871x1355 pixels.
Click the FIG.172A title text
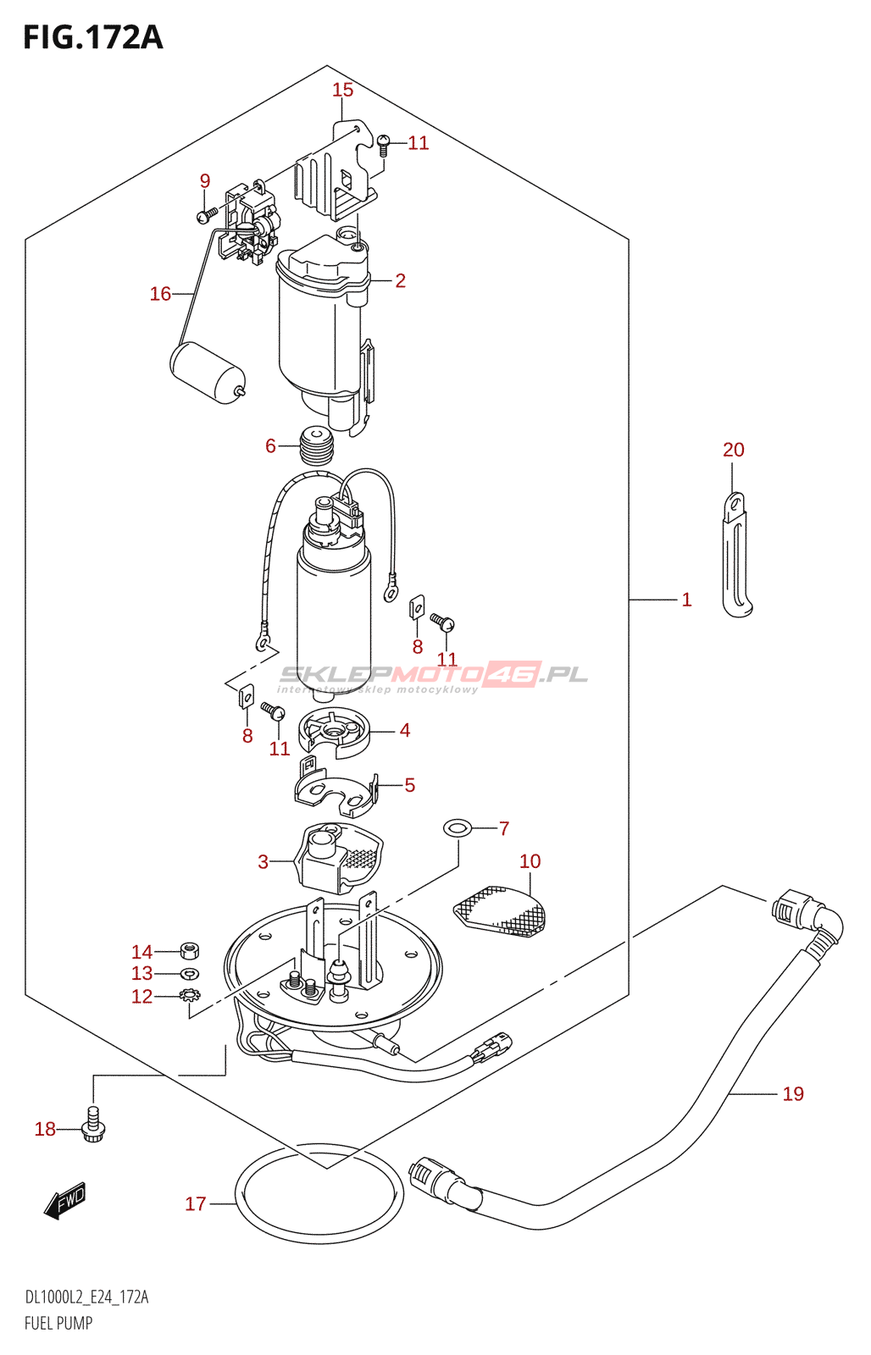(93, 37)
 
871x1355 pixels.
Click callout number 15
(342, 90)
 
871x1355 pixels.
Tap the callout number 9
(205, 180)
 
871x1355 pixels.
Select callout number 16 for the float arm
(160, 294)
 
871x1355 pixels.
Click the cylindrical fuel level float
(208, 372)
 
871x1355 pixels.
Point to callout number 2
(400, 280)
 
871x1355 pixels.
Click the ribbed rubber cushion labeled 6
(317, 445)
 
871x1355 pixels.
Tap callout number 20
(734, 450)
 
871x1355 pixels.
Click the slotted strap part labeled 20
(737, 556)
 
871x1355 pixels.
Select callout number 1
(686, 600)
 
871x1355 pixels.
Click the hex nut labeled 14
(191, 951)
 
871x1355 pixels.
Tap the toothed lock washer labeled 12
(190, 995)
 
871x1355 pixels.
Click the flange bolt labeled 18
(93, 1124)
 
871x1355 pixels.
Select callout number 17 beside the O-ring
(196, 1203)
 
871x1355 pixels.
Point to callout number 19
(793, 1093)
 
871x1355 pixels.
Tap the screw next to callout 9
(208, 214)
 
